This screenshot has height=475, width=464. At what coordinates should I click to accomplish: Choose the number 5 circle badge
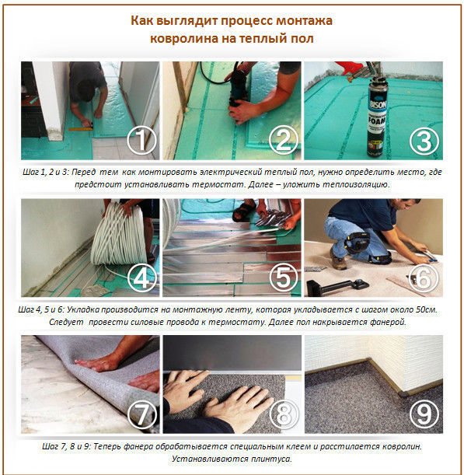point(284,278)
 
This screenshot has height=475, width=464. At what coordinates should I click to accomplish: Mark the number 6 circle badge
point(424,278)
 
